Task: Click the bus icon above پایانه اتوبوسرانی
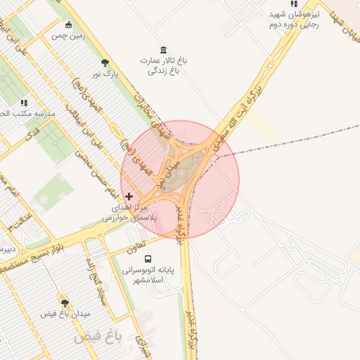(x=147, y=259)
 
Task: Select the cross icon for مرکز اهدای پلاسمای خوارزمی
(x=128, y=196)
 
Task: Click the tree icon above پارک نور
(x=105, y=63)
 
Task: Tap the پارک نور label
(x=103, y=74)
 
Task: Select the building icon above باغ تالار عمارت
(x=164, y=49)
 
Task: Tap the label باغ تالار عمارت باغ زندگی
(x=164, y=65)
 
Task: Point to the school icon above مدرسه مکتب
(x=25, y=103)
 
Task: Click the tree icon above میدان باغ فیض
(x=65, y=303)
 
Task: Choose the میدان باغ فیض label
(x=65, y=314)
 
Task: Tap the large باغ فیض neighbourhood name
(x=98, y=338)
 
